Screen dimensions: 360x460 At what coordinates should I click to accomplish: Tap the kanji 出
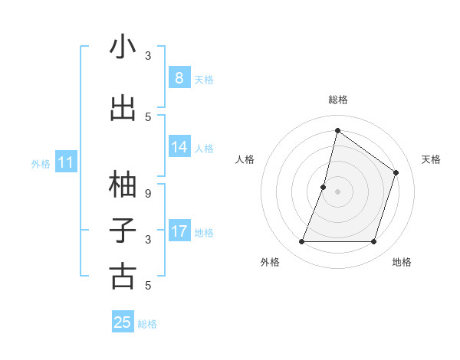[x=123, y=108]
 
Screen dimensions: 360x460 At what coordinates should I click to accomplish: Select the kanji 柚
[x=123, y=184]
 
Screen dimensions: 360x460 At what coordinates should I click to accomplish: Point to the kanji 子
[x=123, y=230]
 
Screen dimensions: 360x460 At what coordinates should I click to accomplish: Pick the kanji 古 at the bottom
[x=123, y=276]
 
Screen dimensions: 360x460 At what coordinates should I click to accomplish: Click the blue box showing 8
[x=179, y=77]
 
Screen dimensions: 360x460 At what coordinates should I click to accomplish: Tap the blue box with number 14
[x=179, y=147]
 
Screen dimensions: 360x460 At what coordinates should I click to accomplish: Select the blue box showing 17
[x=179, y=231]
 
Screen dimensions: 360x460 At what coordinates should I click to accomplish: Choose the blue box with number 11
[x=66, y=162]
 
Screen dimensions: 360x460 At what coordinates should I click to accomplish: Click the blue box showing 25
[x=123, y=322]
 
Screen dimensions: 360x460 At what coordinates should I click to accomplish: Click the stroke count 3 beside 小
[x=148, y=56]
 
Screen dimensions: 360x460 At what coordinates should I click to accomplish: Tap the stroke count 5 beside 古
[x=148, y=286]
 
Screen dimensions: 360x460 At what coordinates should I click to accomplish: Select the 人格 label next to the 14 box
[x=204, y=149]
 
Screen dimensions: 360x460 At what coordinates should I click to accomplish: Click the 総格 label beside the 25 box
[x=147, y=324]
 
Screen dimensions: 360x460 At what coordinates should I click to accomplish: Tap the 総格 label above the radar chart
[x=337, y=100]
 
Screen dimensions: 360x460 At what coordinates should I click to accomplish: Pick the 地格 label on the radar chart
[x=402, y=263]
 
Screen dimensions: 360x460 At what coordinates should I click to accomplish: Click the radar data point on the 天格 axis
[x=396, y=172]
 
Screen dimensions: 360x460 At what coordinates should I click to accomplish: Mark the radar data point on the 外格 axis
[x=301, y=242]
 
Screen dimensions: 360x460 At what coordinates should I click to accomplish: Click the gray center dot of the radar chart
[x=337, y=191]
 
